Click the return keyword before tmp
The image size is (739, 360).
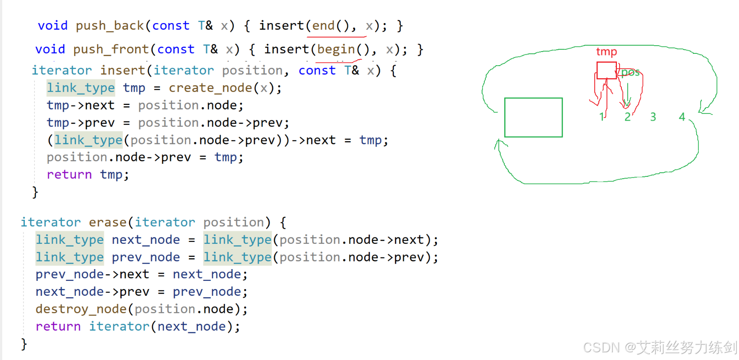[69, 175]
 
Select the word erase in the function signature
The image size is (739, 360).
[108, 223]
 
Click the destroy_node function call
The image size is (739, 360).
[81, 309]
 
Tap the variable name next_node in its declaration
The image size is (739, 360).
[146, 240]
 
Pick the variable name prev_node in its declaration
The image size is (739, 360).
[146, 257]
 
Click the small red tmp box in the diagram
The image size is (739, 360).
[606, 71]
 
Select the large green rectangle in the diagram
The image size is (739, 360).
[533, 118]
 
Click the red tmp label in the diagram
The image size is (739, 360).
[606, 52]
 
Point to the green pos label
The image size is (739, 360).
[630, 73]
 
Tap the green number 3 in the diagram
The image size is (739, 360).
[653, 117]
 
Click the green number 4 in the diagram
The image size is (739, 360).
[682, 117]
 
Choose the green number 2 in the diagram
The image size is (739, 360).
[627, 117]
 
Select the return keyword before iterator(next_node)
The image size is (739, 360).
[58, 327]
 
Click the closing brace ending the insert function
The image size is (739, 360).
[35, 193]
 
